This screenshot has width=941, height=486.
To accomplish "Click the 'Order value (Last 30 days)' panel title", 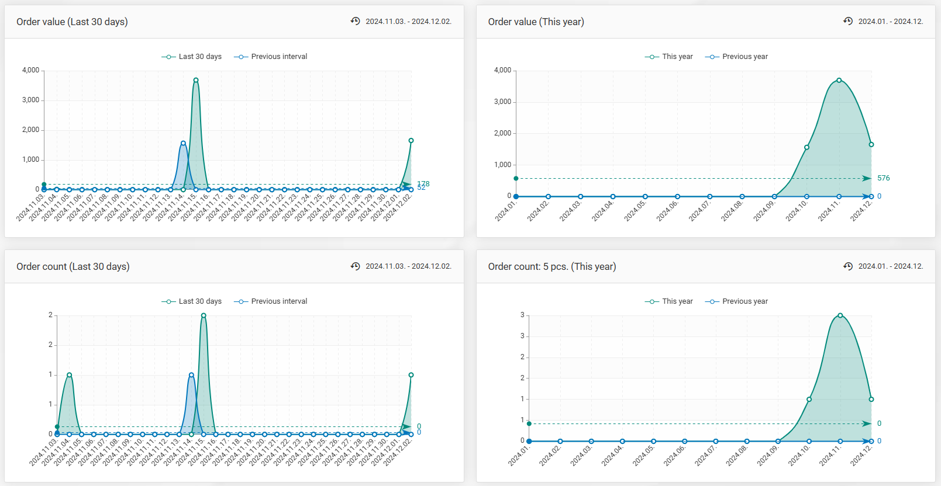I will click(x=72, y=22).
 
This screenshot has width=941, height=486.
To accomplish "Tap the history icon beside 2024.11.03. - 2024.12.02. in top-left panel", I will click(x=355, y=21).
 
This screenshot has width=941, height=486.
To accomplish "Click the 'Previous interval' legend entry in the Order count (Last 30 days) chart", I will click(x=271, y=301).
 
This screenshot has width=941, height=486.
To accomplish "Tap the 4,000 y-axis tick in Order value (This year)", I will click(x=502, y=70).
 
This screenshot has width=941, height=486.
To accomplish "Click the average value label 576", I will click(x=883, y=178).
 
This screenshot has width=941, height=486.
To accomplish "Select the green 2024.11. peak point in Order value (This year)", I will click(x=839, y=80).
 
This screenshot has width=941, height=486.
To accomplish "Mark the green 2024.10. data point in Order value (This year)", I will click(x=806, y=147).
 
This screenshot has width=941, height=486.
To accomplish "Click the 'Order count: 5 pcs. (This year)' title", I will click(x=551, y=266).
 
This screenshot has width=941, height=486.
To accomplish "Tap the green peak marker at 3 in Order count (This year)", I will click(x=840, y=315).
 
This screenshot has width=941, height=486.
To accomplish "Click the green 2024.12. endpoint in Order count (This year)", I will click(x=871, y=400).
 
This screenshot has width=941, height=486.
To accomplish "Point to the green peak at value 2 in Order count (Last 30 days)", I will click(x=204, y=315).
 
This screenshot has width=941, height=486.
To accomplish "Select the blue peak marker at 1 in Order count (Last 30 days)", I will click(x=191, y=375).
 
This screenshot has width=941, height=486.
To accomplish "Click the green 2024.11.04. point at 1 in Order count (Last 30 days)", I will click(x=69, y=375).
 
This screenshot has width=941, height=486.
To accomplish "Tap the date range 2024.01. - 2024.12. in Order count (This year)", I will click(x=890, y=266).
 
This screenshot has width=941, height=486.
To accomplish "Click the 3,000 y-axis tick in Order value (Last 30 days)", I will click(x=30, y=100).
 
